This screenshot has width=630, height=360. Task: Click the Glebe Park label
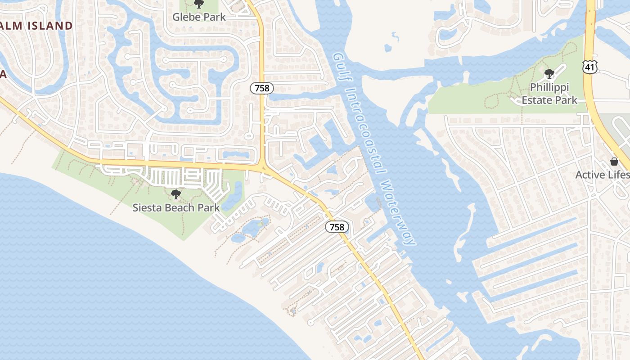pos(199,17)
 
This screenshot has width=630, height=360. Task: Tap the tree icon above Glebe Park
pos(198,4)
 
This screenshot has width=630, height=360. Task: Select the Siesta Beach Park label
pos(176,207)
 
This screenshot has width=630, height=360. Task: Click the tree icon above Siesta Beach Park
pos(176,194)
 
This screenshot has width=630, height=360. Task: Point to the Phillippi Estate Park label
pos(549,93)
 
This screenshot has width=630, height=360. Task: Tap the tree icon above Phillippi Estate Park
pos(549,74)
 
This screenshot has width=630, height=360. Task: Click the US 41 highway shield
pos(589,67)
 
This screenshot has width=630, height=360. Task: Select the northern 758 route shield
pos(262,88)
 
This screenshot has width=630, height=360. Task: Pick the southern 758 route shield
pos(337,227)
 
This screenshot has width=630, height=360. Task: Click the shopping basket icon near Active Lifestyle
pos(614,162)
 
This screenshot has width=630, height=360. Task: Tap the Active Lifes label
pos(602,175)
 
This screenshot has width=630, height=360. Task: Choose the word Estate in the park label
pos(537,100)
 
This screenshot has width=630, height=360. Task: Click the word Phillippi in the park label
pos(549,87)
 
